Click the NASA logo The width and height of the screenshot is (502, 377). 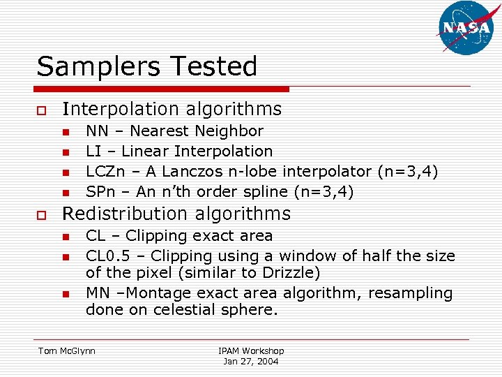pyautogui.click(x=466, y=27)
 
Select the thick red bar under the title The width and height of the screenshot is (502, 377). pyautogui.click(x=162, y=89)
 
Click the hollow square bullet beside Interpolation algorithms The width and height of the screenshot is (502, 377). pyautogui.click(x=42, y=110)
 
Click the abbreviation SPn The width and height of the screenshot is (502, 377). pyautogui.click(x=100, y=191)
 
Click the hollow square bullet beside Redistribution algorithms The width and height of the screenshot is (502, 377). pyautogui.click(x=42, y=214)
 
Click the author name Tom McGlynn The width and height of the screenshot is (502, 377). pyautogui.click(x=67, y=350)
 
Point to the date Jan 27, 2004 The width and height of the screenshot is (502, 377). pyautogui.click(x=251, y=361)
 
